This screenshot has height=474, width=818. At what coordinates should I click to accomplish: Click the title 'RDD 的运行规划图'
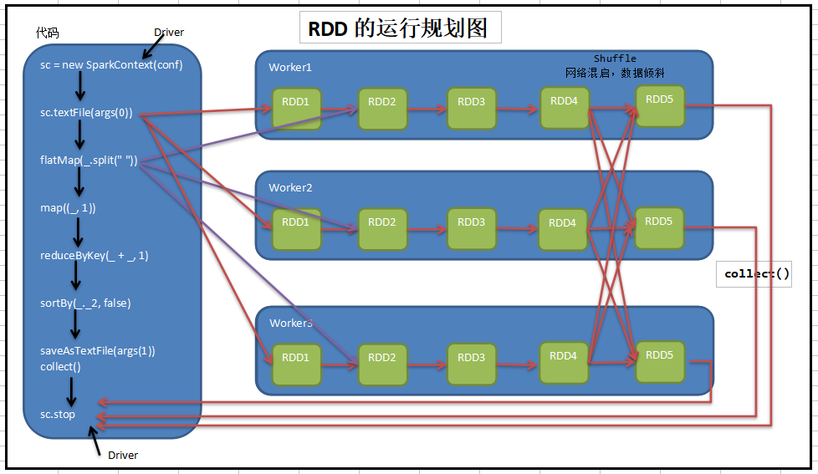coord(398,28)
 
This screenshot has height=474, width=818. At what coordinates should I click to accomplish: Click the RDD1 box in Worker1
coord(296,109)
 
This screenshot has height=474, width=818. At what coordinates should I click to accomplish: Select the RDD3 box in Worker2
coord(472,229)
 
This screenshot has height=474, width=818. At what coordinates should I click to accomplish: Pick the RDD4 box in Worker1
coord(565,108)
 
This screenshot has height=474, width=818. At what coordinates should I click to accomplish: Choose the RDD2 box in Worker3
coord(382,364)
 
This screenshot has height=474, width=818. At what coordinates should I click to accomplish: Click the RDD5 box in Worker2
coord(659,228)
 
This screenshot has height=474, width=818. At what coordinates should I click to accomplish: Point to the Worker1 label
coord(290,67)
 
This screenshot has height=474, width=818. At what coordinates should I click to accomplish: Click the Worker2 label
coord(290,188)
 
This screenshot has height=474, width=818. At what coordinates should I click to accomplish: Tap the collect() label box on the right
coord(754,274)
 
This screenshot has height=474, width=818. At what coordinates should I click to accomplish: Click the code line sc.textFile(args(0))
coord(86,113)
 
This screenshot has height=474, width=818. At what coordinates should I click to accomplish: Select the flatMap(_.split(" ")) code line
coord(89,160)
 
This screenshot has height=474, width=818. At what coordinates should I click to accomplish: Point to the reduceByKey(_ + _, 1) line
coord(94,256)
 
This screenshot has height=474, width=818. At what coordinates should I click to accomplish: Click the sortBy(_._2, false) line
coord(85,303)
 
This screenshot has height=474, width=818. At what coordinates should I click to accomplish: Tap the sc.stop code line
coord(58,415)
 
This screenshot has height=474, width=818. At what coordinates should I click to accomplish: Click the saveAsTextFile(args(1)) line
coord(98,351)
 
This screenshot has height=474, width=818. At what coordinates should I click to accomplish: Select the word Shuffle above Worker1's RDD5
coord(615,59)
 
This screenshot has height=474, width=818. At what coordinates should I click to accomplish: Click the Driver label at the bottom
coord(123,456)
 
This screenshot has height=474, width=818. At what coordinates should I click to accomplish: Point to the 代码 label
coord(47,33)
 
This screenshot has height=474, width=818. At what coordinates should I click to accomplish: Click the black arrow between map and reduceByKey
coord(79,232)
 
